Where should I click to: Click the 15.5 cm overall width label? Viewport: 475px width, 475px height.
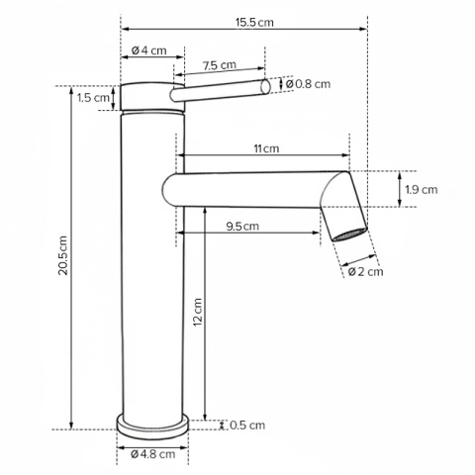[x=254, y=23]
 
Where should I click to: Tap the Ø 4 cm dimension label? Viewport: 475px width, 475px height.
[x=149, y=50]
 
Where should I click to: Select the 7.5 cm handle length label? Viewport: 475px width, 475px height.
[x=220, y=65]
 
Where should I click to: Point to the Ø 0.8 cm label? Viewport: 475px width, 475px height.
[x=308, y=84]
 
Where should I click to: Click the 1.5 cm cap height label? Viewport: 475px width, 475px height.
[x=93, y=98]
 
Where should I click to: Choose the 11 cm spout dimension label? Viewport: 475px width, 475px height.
[x=266, y=148]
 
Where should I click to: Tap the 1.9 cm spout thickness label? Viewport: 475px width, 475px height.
[x=422, y=190]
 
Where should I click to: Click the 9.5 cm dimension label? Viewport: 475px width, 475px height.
[x=242, y=227]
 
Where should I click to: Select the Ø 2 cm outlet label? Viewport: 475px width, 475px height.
[x=366, y=272]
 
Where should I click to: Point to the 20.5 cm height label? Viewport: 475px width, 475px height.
[x=62, y=255]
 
